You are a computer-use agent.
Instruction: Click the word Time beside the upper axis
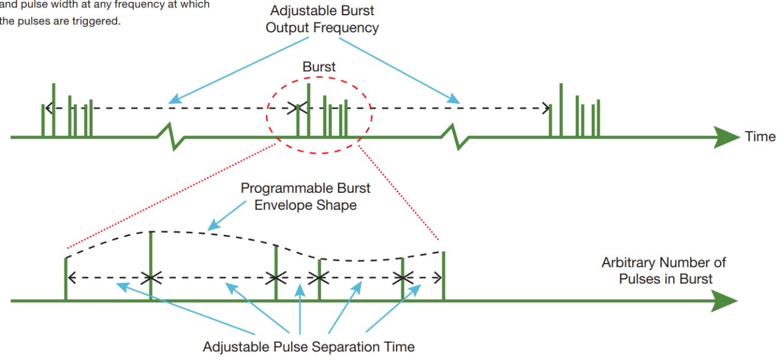point(760,137)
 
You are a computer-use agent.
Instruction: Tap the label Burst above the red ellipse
point(319,67)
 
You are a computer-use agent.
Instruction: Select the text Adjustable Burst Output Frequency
point(322,19)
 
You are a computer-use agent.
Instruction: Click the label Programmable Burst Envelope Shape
point(306,196)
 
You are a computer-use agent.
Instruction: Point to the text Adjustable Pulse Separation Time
point(309,347)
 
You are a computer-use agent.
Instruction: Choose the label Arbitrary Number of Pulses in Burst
point(664,270)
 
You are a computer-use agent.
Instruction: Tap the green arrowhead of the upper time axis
point(727,137)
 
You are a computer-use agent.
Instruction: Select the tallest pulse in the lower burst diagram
point(151,265)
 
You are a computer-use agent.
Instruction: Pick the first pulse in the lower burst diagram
point(65,279)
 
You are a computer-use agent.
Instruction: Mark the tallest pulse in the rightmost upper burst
point(561,110)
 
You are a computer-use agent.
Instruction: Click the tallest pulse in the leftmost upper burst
point(54,110)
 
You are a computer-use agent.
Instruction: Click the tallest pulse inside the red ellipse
point(309,110)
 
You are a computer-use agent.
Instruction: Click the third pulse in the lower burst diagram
point(276,272)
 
